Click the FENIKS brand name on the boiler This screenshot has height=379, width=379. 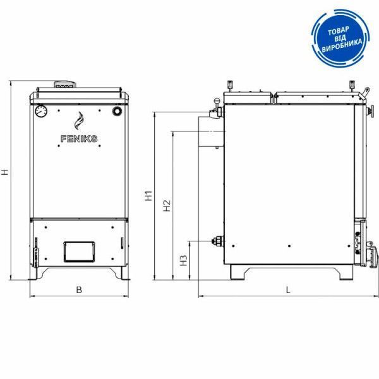[79, 139]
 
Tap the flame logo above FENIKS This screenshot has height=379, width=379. [79, 121]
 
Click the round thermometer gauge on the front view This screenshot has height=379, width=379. [41, 111]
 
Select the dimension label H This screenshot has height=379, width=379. [5, 172]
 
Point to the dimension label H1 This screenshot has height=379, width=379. [148, 196]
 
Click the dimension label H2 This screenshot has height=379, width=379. [167, 206]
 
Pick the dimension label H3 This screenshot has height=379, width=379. [184, 260]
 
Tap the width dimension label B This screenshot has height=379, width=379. [79, 290]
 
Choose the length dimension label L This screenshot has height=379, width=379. [288, 290]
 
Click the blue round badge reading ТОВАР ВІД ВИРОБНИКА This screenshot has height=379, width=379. [340, 38]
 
